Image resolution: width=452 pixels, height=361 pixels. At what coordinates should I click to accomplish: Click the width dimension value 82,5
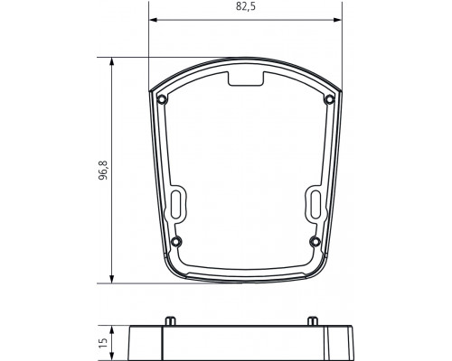pos(245,8)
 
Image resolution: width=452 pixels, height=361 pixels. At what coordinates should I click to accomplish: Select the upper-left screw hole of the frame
pos(161,98)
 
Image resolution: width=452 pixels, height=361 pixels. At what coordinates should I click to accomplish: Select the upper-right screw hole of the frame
pos(330,98)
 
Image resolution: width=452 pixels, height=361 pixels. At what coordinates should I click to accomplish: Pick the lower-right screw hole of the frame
pos(315,239)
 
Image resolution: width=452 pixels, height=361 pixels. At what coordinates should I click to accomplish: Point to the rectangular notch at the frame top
pos(245,80)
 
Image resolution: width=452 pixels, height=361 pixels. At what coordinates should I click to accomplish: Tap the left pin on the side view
pos(169,320)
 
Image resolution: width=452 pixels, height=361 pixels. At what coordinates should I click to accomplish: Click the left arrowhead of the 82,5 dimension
pos(152,19)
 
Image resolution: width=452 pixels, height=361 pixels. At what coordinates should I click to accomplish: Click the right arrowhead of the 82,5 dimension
pos(339,19)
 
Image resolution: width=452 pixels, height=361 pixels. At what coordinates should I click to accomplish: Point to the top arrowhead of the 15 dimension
pos(112,329)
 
